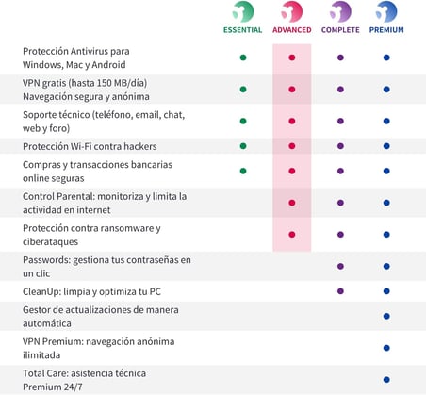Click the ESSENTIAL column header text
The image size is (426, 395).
coord(242,30)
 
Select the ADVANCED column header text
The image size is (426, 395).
coord(292,30)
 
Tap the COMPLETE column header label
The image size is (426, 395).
coord(340,30)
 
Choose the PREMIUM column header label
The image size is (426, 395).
coord(386,30)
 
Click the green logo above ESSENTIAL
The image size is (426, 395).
coord(243,11)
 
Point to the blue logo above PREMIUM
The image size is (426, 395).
coord(386,11)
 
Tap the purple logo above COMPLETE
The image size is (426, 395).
coord(340,11)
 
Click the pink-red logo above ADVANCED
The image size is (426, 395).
coord(292,11)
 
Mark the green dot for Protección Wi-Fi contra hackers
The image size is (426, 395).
coord(243,146)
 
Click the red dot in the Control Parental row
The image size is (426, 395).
coord(292,203)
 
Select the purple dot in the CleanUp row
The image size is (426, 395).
coord(340,291)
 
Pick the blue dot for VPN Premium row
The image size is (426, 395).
coord(386,348)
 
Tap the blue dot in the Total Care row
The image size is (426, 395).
coord(386,380)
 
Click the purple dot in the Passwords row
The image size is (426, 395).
coord(340,266)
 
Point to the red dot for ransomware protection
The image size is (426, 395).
coord(292,235)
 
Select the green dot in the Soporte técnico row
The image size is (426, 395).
coord(243,121)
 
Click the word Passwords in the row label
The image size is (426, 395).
coord(46,260)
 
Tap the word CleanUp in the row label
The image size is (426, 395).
coord(41,292)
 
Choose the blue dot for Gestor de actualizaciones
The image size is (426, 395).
coord(386,316)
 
